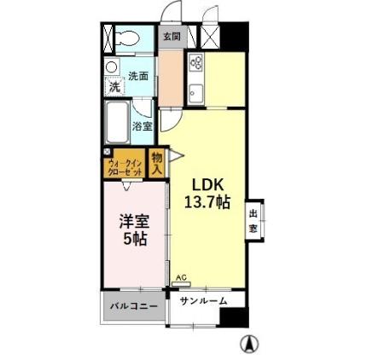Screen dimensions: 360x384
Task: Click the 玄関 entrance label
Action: pyautogui.click(x=172, y=37)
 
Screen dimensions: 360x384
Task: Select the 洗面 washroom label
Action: pyautogui.click(x=138, y=76)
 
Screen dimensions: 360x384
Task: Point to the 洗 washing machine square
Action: pyautogui.click(x=113, y=85)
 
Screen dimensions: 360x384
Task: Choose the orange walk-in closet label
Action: pyautogui.click(x=125, y=166)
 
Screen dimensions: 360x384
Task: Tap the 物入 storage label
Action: pyautogui.click(x=157, y=162)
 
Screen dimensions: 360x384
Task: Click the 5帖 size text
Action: pyautogui.click(x=133, y=240)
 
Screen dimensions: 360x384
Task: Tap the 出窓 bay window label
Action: pyautogui.click(x=253, y=221)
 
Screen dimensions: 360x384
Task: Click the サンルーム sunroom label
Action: pyautogui.click(x=203, y=299)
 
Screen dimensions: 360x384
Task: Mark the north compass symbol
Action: pyautogui.click(x=248, y=345)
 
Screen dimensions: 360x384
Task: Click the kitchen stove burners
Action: pyautogui.click(x=195, y=64)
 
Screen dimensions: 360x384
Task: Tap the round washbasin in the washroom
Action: pyautogui.click(x=111, y=67)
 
